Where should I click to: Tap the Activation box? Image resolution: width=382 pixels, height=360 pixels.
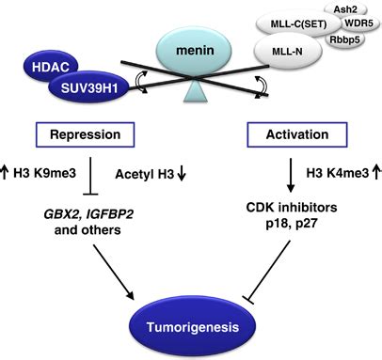284,135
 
